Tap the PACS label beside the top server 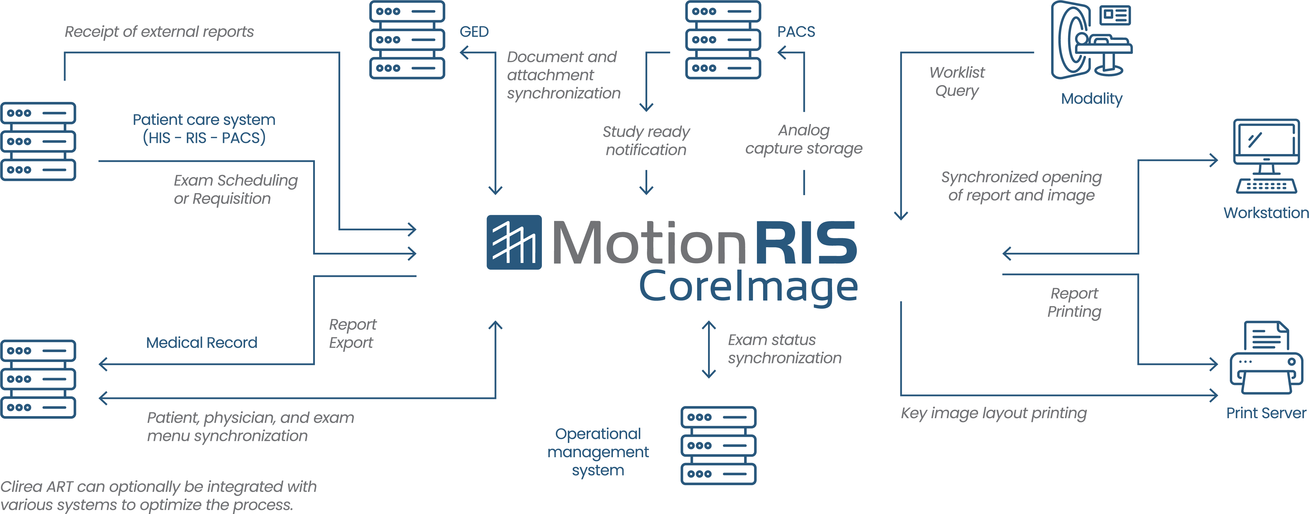tap(796, 31)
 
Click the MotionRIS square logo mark tap(514, 242)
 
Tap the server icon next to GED tap(407, 40)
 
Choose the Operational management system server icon tap(718, 445)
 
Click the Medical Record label tap(202, 343)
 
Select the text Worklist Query tap(957, 81)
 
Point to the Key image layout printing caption tap(994, 413)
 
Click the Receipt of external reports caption tap(159, 31)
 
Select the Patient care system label tap(204, 129)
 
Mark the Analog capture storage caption tap(804, 139)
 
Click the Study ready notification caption tap(646, 141)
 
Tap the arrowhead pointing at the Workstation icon tap(1214, 160)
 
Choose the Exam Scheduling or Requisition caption tap(235, 189)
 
